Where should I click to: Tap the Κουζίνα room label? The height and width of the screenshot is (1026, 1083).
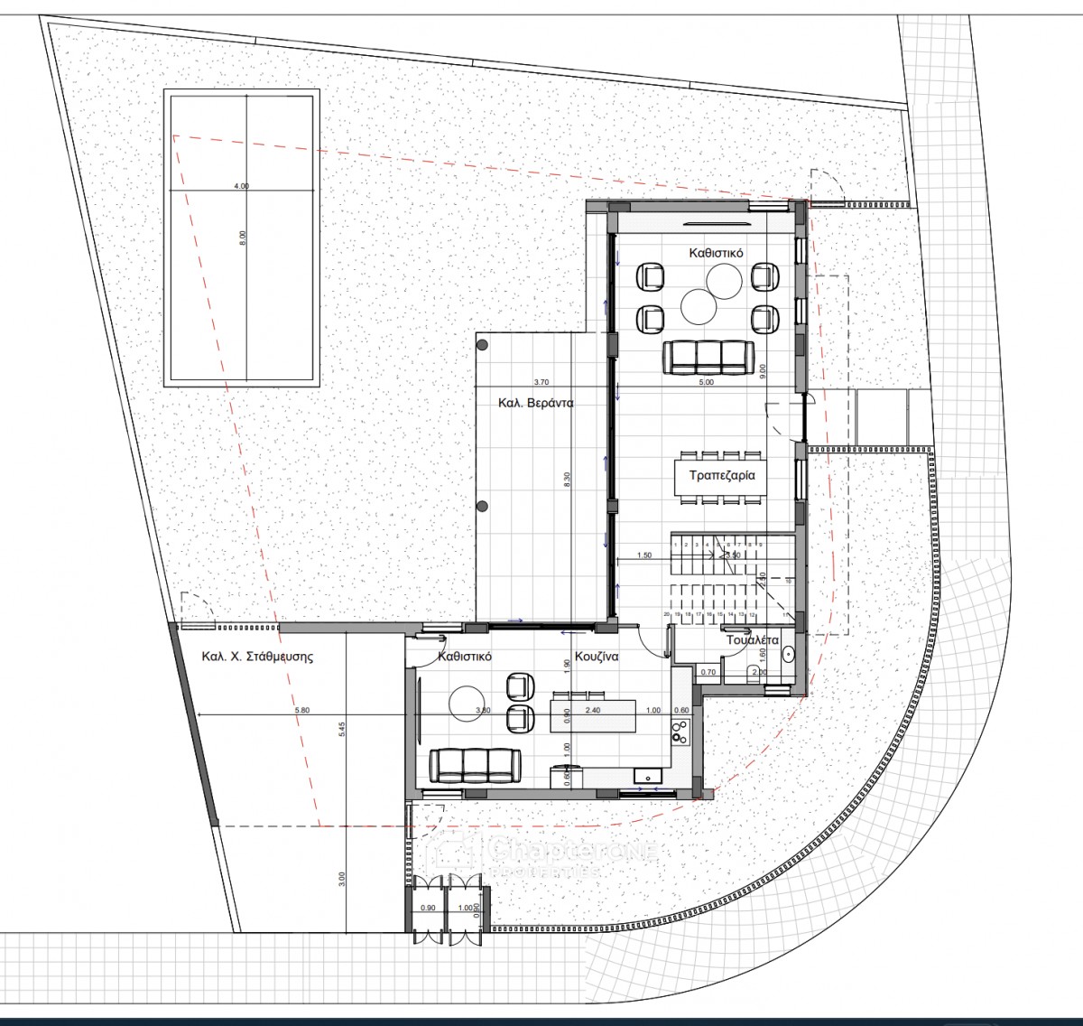tap(597, 658)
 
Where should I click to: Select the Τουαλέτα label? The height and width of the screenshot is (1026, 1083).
tap(753, 639)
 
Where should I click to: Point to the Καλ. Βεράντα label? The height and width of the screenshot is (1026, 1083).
tap(536, 404)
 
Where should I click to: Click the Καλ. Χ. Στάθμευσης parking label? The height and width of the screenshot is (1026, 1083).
tap(257, 657)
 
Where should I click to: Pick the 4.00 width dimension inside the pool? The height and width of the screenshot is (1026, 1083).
tap(241, 186)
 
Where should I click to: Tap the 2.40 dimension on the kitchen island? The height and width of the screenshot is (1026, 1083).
tap(592, 711)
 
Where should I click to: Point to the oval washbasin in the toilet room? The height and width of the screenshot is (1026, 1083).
tap(789, 653)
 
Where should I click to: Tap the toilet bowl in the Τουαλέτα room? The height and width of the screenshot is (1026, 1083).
tap(754, 670)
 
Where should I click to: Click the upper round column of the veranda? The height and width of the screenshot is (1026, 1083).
tap(483, 343)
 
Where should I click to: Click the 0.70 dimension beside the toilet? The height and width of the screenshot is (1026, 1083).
tap(708, 672)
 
